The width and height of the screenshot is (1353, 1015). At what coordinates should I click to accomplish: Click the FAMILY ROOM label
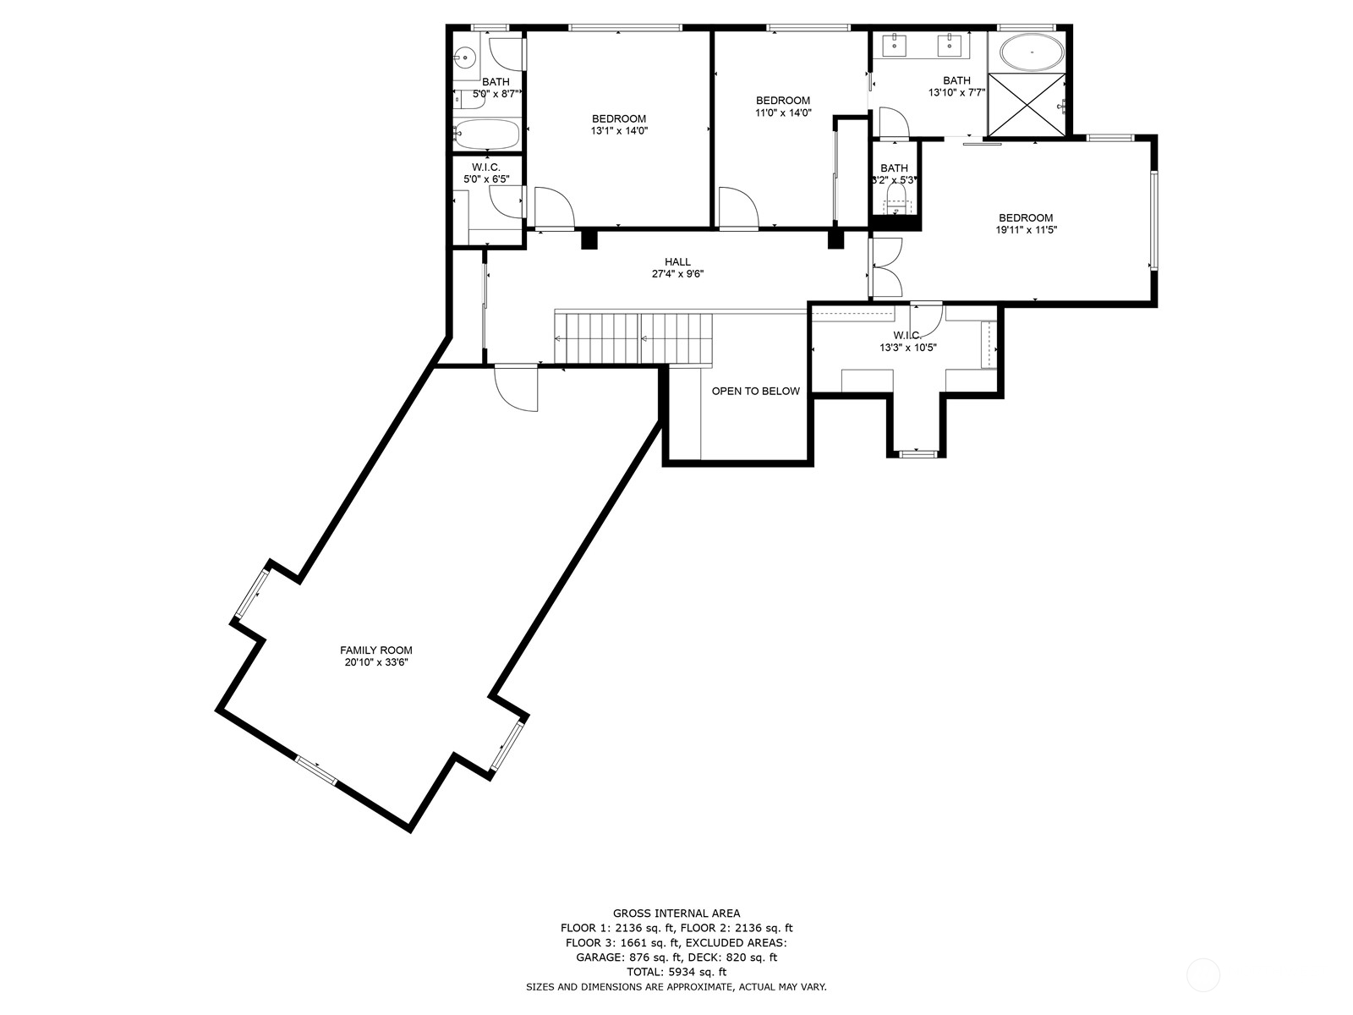(x=375, y=650)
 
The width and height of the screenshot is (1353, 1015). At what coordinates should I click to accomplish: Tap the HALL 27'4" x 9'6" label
(x=677, y=268)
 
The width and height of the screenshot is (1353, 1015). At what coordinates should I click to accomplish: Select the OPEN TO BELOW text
(x=755, y=391)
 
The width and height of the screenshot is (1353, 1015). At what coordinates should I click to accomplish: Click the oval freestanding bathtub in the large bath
(x=1032, y=53)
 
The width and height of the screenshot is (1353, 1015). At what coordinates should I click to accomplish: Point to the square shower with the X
(x=1026, y=104)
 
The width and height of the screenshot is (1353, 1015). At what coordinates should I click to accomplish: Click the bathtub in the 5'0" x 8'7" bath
(x=486, y=134)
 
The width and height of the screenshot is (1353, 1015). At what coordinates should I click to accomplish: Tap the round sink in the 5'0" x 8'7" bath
(x=463, y=58)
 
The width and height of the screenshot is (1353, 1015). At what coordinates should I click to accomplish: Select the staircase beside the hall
(x=633, y=337)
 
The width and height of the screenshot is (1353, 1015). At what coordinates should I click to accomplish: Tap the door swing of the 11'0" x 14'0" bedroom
(x=737, y=208)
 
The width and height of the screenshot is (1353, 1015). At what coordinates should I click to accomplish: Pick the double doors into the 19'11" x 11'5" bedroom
(x=886, y=267)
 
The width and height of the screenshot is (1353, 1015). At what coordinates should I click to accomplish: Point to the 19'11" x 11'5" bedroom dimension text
(x=1027, y=229)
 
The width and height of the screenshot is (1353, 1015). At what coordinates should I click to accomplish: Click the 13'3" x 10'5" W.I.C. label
(x=907, y=342)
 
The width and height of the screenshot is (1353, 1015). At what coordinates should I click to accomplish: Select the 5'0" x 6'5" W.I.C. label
(x=486, y=173)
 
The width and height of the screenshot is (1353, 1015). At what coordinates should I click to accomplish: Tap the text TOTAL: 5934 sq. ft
(x=676, y=973)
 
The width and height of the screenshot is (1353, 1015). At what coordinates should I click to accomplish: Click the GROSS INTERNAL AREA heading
(x=676, y=913)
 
